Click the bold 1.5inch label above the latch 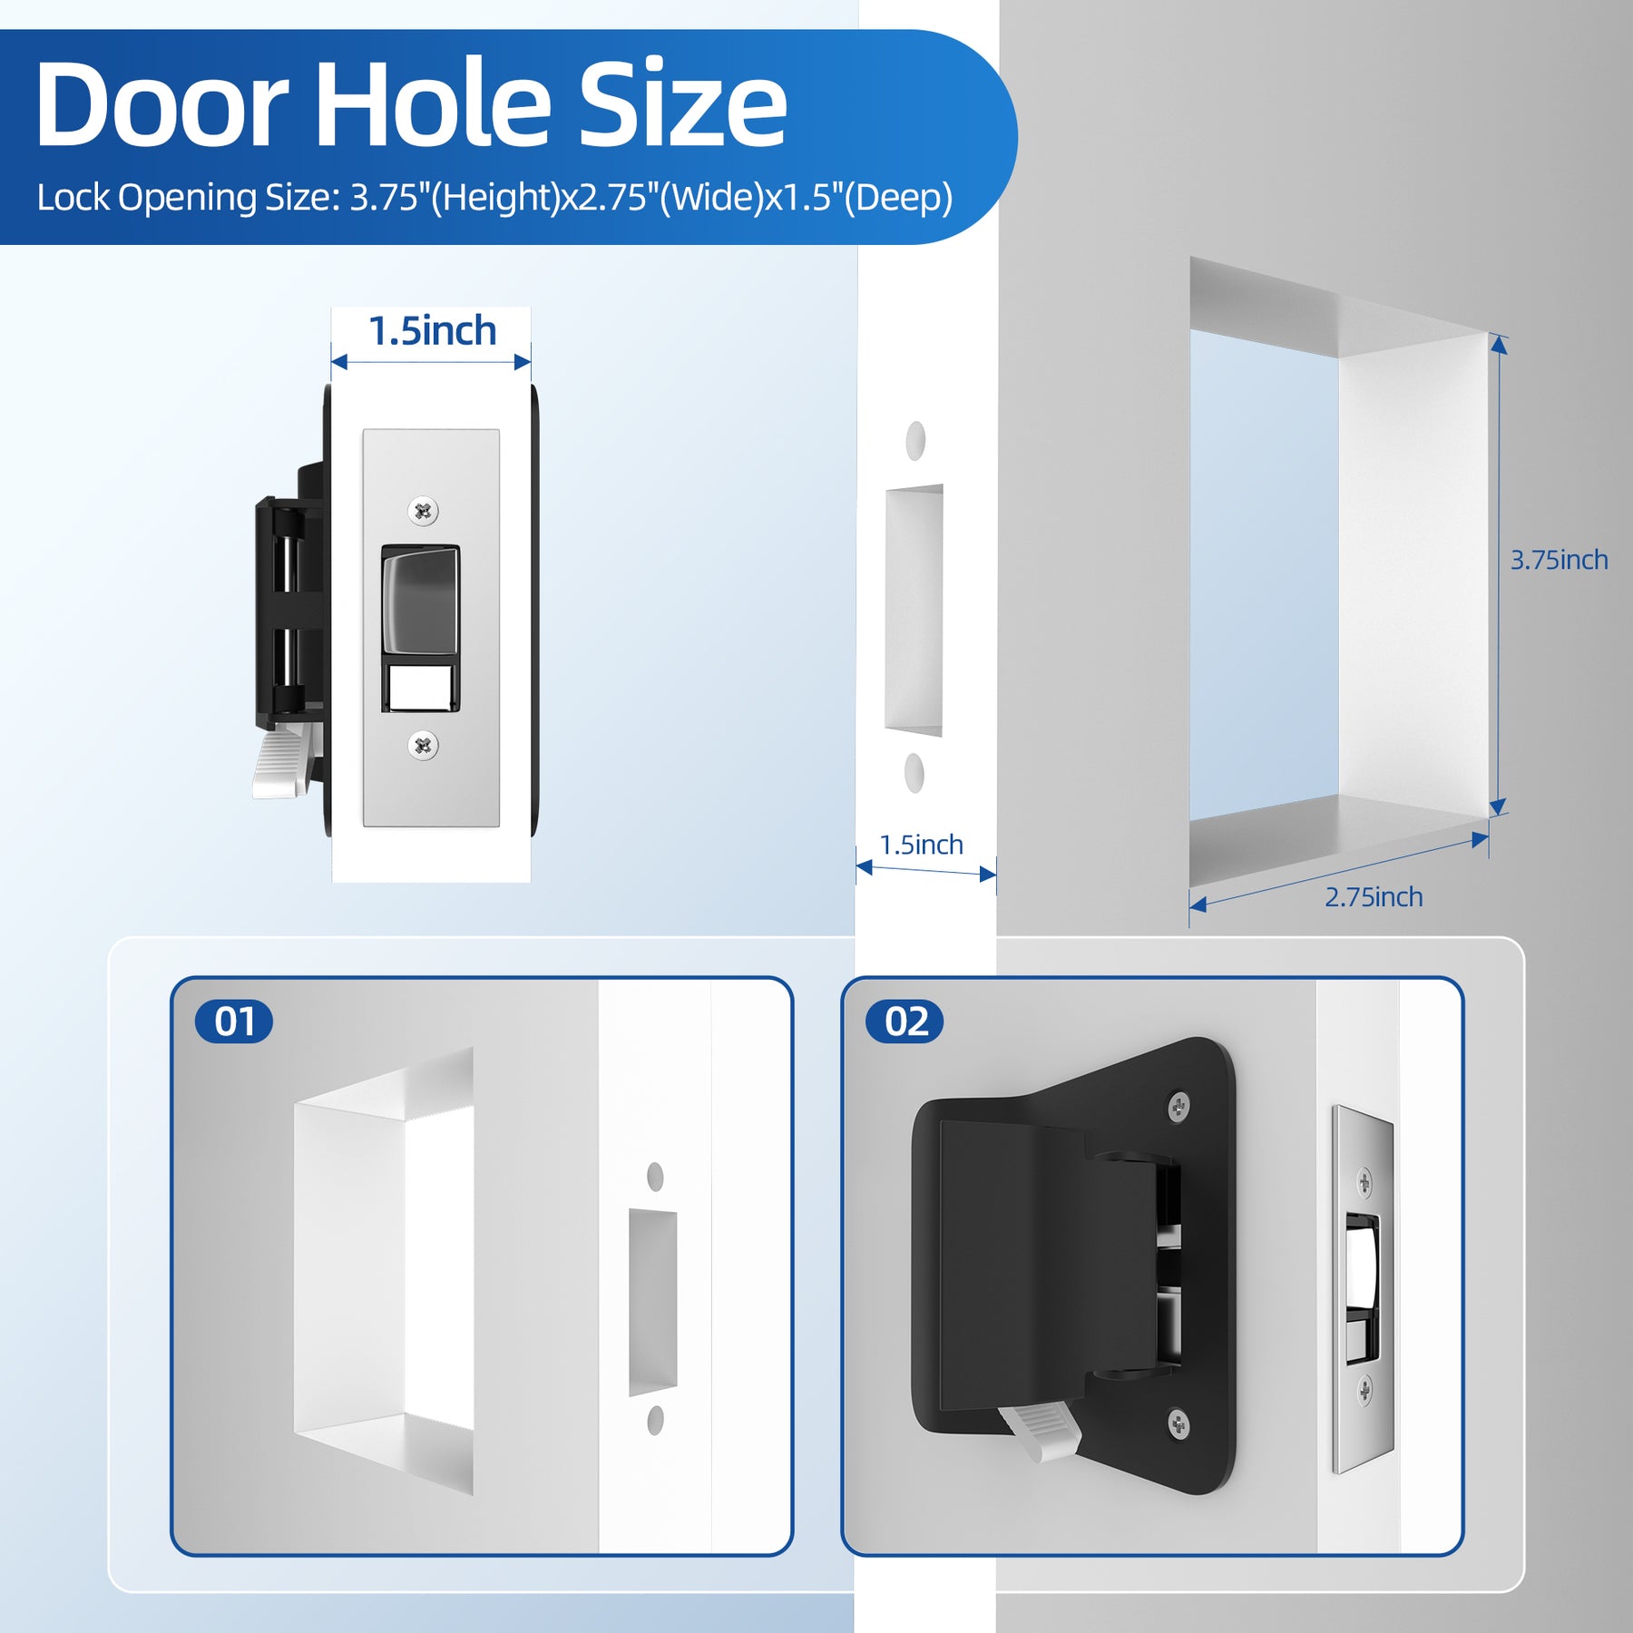tap(432, 331)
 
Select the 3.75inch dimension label tap(1559, 560)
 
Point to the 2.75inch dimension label tap(1374, 897)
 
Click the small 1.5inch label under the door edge tap(921, 845)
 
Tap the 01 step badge tap(234, 1022)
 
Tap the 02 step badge tap(905, 1022)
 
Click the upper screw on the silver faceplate tap(423, 511)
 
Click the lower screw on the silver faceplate tap(423, 746)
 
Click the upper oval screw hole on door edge tap(915, 440)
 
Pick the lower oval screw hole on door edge tap(914, 772)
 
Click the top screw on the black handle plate tap(1178, 1106)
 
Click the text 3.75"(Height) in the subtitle tap(455, 198)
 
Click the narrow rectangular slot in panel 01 tap(653, 1301)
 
